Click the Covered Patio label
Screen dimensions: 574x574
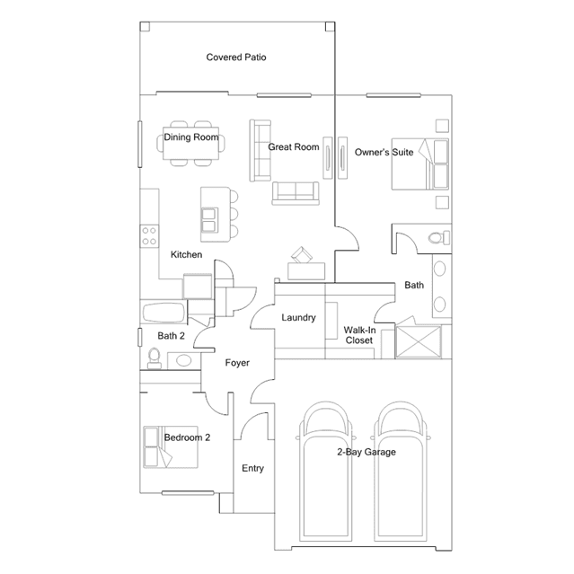click(236, 57)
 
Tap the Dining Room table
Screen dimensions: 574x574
click(190, 143)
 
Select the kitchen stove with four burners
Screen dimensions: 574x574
click(149, 236)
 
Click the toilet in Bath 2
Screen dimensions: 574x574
click(155, 358)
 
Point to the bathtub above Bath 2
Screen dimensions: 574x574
click(163, 313)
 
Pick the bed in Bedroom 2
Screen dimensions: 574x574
click(171, 446)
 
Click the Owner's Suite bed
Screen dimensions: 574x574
click(420, 164)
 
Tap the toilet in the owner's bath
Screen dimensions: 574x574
click(439, 237)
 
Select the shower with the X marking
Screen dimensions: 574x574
click(419, 341)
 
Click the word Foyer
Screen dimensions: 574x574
click(237, 363)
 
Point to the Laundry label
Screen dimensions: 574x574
click(298, 317)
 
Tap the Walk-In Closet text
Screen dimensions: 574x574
click(359, 335)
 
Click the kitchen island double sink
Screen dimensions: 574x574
click(209, 220)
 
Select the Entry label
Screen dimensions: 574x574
click(252, 468)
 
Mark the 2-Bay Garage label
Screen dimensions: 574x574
click(366, 452)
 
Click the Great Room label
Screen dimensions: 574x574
click(294, 147)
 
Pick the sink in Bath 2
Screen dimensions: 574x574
click(184, 361)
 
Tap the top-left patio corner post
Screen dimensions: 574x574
click(145, 26)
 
